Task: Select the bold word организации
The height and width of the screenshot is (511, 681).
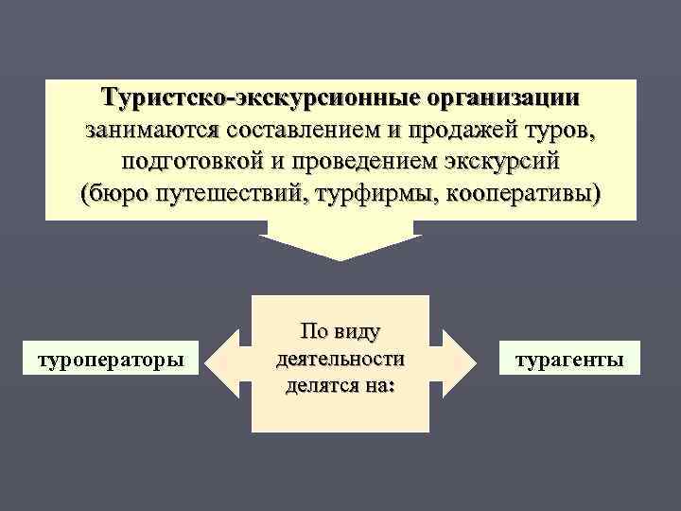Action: coord(503,98)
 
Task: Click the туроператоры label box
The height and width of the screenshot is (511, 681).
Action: coord(110,361)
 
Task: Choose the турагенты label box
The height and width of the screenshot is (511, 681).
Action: coord(568,361)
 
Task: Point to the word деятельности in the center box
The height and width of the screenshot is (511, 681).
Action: coord(340,360)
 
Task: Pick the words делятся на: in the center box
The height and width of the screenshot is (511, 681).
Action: coord(340,386)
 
